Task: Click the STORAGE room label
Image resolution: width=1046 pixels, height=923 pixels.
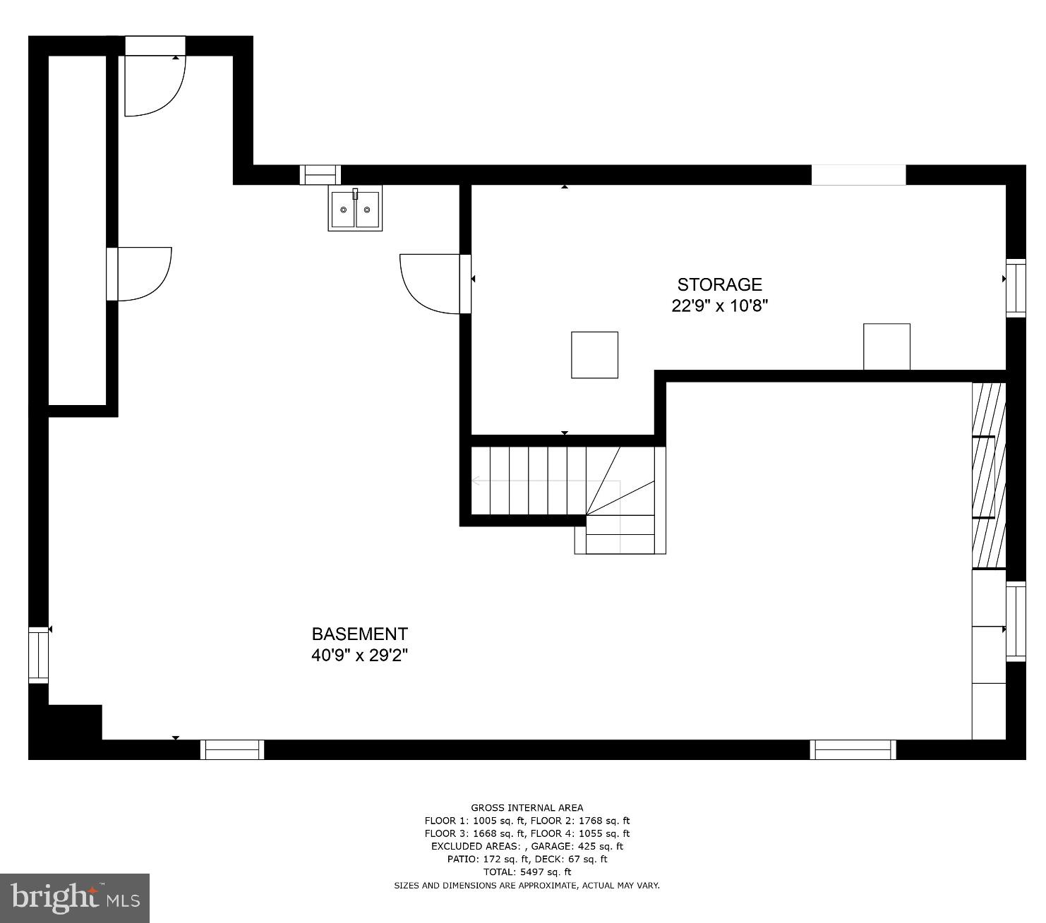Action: click(719, 284)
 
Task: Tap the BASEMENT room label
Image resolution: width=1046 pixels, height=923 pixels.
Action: click(359, 634)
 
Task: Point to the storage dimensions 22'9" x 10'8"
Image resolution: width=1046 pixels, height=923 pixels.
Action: click(719, 306)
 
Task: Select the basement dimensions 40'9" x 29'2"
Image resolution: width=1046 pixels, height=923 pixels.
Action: click(359, 656)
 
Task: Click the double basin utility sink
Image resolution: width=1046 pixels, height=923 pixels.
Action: click(355, 209)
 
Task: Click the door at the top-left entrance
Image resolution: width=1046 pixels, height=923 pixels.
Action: click(154, 85)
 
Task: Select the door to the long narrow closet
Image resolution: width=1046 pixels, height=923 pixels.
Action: click(143, 274)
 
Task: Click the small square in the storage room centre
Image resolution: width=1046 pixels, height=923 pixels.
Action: click(594, 355)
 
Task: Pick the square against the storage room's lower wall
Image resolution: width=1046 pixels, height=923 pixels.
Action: click(886, 346)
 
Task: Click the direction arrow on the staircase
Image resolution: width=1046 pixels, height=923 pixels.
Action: click(476, 481)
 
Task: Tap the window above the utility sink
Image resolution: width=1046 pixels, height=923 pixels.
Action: click(320, 174)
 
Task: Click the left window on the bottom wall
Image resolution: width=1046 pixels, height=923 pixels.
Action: click(232, 749)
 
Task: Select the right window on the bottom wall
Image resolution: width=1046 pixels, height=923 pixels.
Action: click(853, 749)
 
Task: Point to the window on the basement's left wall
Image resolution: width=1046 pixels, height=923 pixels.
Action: click(38, 654)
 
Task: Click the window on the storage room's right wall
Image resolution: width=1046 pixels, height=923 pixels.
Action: click(1016, 287)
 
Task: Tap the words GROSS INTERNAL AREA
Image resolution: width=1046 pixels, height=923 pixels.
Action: click(527, 808)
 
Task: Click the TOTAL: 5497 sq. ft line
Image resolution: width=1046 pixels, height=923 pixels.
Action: click(527, 872)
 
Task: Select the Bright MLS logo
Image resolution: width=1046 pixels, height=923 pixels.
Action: click(75, 898)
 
